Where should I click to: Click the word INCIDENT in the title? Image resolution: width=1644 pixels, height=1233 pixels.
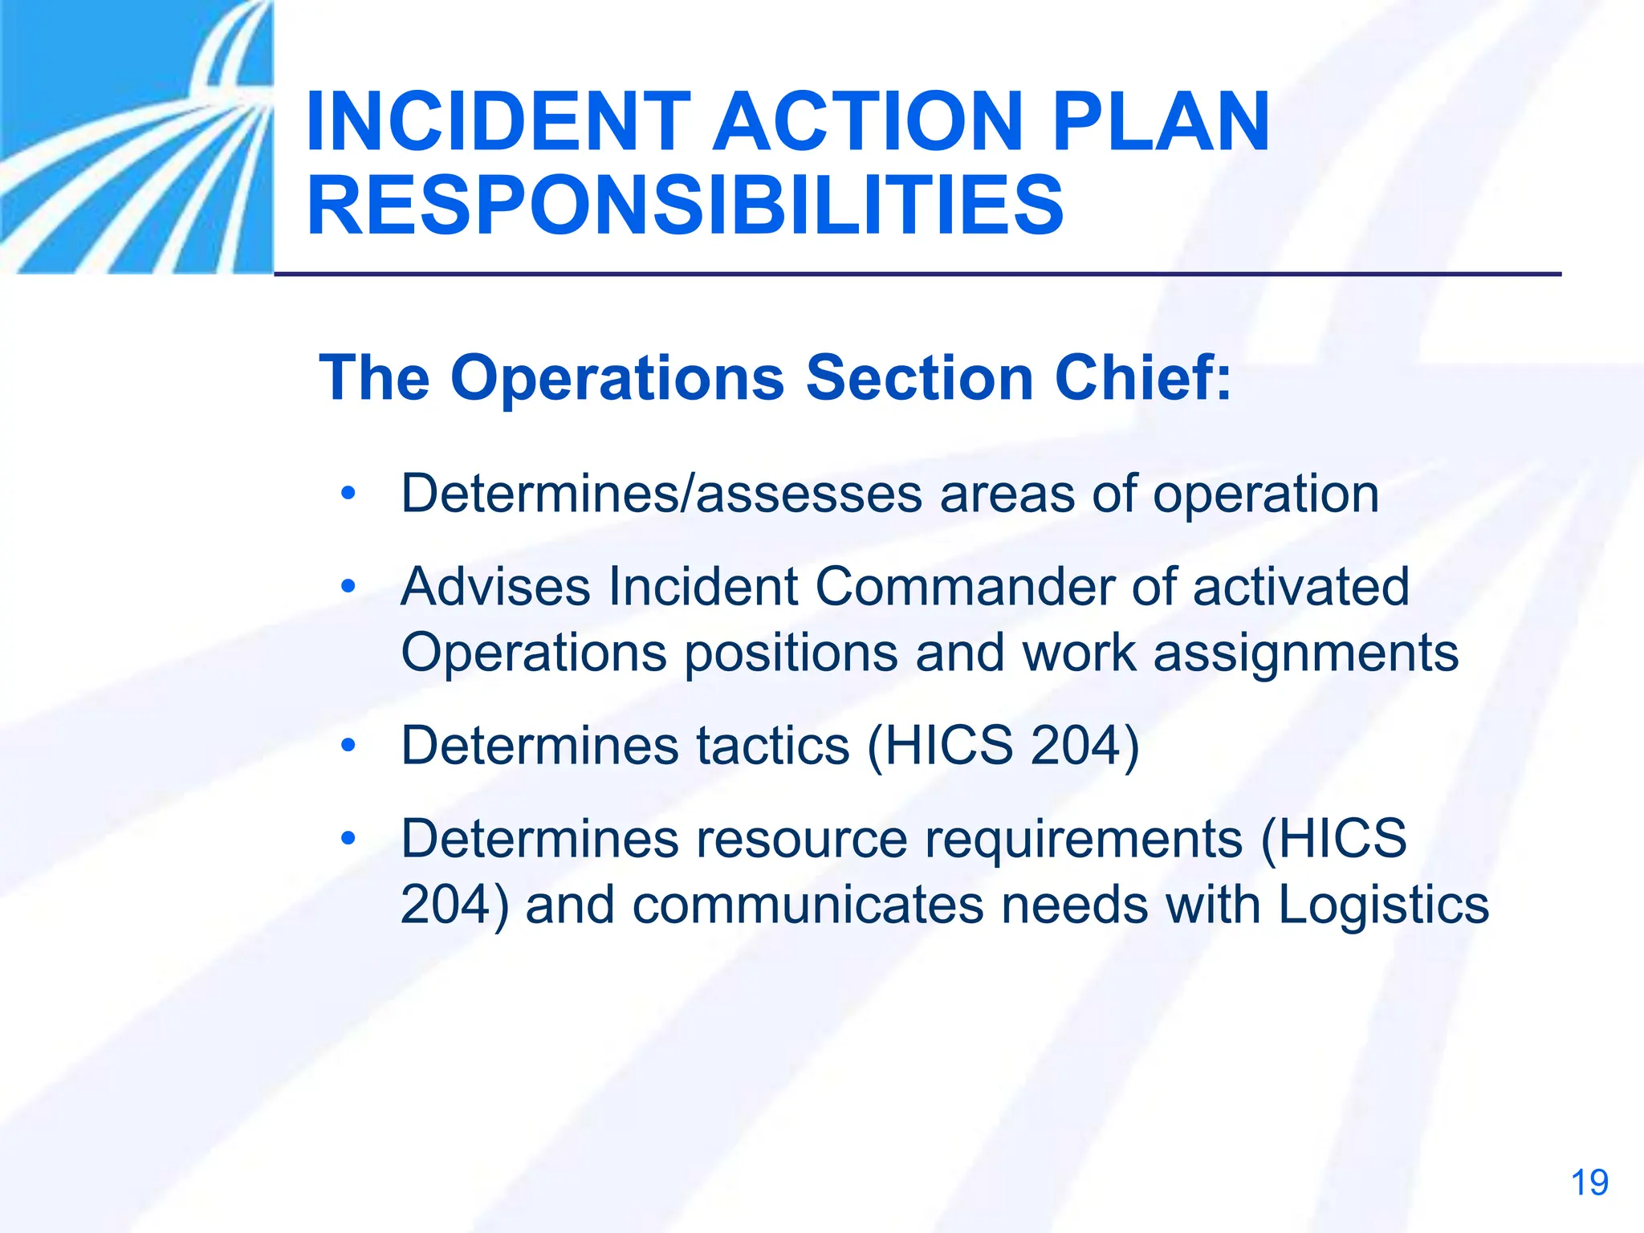pyautogui.click(x=498, y=122)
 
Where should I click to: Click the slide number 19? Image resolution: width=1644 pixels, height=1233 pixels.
pyautogui.click(x=1589, y=1183)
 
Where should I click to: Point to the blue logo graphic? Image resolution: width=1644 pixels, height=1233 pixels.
pyautogui.click(x=136, y=136)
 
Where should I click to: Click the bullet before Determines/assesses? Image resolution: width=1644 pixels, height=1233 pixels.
pyautogui.click(x=348, y=493)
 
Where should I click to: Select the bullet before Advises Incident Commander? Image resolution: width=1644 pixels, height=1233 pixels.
pyautogui.click(x=348, y=586)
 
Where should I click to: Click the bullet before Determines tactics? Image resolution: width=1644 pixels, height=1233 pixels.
pyautogui.click(x=348, y=746)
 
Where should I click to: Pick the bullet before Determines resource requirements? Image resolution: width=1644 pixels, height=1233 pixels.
pyautogui.click(x=348, y=839)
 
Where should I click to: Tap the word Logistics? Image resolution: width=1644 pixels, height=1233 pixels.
pyautogui.click(x=1383, y=905)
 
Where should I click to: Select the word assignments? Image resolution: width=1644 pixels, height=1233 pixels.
pyautogui.click(x=1305, y=653)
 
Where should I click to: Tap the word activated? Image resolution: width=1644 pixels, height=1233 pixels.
pyautogui.click(x=1300, y=586)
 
